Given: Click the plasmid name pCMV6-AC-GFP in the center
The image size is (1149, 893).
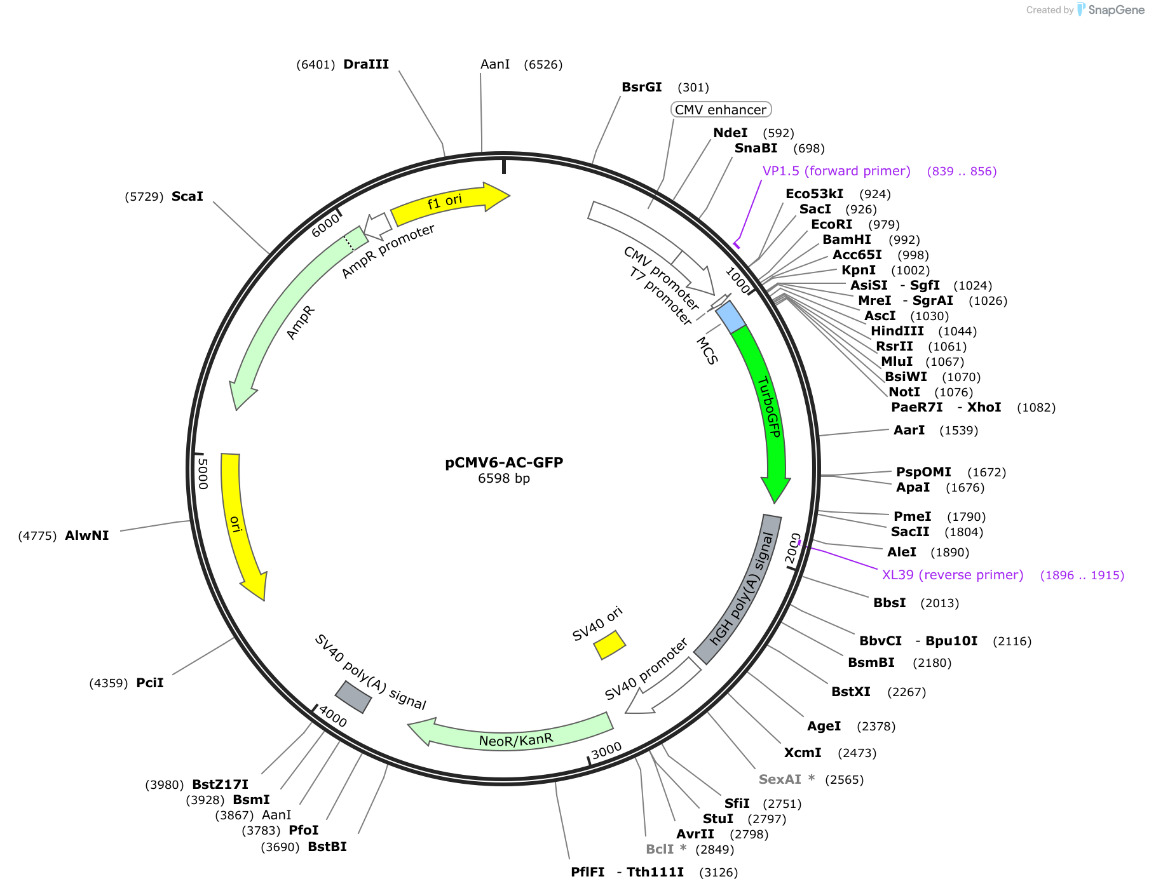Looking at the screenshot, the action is tap(504, 462).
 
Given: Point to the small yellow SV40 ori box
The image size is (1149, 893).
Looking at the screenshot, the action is tap(609, 645).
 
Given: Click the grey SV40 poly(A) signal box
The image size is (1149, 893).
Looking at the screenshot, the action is tap(353, 697).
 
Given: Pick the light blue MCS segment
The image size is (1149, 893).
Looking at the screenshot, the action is tap(730, 317).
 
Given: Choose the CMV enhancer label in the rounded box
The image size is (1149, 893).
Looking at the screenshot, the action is tap(721, 110).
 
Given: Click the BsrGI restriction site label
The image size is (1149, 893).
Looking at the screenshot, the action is tap(642, 87).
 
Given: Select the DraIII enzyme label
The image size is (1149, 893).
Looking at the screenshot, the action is tap(366, 64).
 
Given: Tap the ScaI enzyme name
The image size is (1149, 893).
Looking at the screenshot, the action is tap(187, 196).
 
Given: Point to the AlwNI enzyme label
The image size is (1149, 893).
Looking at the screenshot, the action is tap(87, 535).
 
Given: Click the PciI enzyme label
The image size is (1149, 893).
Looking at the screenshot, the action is tap(150, 683).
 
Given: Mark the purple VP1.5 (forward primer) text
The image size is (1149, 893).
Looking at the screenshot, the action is tap(836, 171).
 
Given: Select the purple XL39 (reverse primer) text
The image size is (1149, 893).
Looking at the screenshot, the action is tap(953, 575).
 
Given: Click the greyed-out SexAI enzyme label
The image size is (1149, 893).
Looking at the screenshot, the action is tap(780, 779).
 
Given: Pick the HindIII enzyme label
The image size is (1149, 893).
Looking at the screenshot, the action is tap(897, 331).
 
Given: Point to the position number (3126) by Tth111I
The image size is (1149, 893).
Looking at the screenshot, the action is tap(719, 873).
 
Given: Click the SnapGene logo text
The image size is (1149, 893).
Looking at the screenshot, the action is tap(1116, 10).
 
